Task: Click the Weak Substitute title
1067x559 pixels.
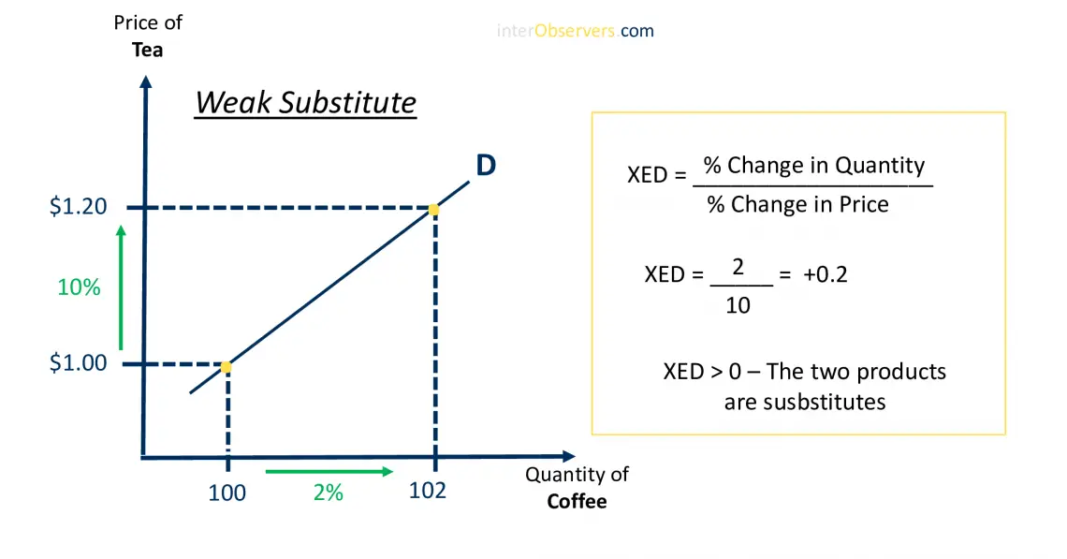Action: pyautogui.click(x=305, y=102)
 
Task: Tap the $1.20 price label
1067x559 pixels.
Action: pyautogui.click(x=78, y=207)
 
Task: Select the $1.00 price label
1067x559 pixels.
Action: pyautogui.click(x=78, y=363)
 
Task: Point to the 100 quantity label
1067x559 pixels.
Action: pyautogui.click(x=227, y=493)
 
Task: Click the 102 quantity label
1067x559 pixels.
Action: pyautogui.click(x=428, y=490)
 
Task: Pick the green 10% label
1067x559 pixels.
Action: pyautogui.click(x=79, y=287)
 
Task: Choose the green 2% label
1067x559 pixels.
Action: pyautogui.click(x=328, y=493)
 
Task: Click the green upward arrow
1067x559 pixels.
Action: pyautogui.click(x=120, y=286)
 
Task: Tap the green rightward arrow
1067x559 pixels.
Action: pyautogui.click(x=329, y=471)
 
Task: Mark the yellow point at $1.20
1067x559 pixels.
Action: pyautogui.click(x=433, y=210)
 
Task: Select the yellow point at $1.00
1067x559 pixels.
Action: pyautogui.click(x=226, y=367)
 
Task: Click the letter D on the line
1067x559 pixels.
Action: pyautogui.click(x=486, y=166)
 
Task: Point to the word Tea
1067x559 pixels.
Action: pyautogui.click(x=147, y=51)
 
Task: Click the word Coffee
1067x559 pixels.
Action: pyautogui.click(x=577, y=501)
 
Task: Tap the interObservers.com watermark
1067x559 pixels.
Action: pyautogui.click(x=575, y=31)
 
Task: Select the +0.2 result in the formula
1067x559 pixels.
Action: pyautogui.click(x=825, y=274)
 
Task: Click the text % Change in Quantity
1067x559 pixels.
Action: pyautogui.click(x=813, y=166)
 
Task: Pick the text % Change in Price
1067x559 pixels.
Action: pyautogui.click(x=797, y=204)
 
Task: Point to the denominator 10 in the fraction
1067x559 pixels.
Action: pyautogui.click(x=738, y=305)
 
